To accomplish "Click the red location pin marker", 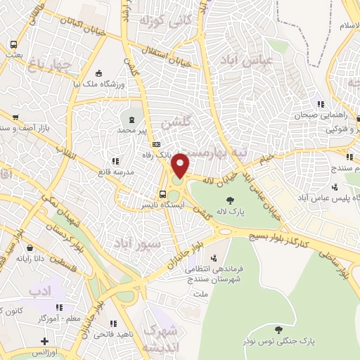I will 181,165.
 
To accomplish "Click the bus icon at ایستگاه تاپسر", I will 162,195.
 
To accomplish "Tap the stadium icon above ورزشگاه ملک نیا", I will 98,73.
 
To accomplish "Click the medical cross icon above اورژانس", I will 45,341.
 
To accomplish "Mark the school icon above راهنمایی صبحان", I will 320,105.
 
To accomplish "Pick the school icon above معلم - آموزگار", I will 60,307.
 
